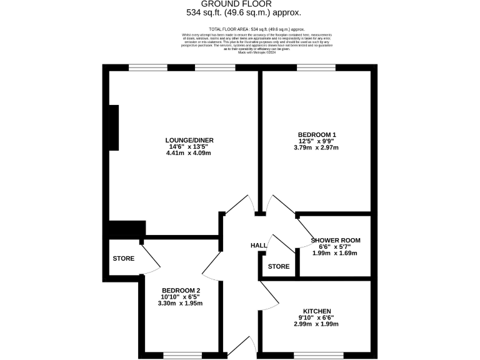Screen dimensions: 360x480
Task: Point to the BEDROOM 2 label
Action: click(x=181, y=291)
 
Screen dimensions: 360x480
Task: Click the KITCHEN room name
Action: click(x=317, y=311)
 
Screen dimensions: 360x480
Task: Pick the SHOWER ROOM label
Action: click(x=336, y=240)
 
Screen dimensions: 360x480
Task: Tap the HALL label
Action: click(x=259, y=246)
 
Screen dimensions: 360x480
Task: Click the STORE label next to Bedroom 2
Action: click(x=124, y=258)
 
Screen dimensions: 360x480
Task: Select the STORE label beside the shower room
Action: click(x=279, y=267)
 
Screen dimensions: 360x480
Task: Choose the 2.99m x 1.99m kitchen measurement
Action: click(x=317, y=325)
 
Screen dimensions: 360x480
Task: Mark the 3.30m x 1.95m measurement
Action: click(x=181, y=304)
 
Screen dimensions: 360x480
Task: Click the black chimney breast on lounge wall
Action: click(x=114, y=127)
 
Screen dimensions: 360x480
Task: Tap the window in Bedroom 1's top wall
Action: click(x=316, y=67)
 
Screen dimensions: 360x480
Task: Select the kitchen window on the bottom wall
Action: click(x=318, y=355)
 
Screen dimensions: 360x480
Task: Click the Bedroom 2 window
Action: click(x=182, y=355)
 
